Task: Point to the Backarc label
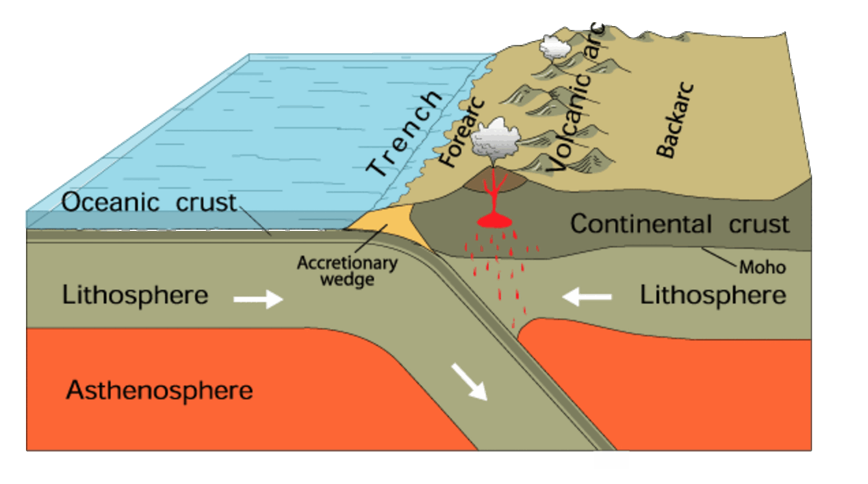(676, 120)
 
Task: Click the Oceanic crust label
(149, 202)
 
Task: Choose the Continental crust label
(680, 224)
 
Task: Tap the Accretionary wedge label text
(346, 271)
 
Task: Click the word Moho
(762, 267)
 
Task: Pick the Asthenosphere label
(159, 391)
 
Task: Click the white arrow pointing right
(258, 299)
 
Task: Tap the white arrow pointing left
(587, 297)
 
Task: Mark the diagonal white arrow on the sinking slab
(470, 381)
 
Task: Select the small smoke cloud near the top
(555, 46)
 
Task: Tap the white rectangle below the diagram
(611, 460)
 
